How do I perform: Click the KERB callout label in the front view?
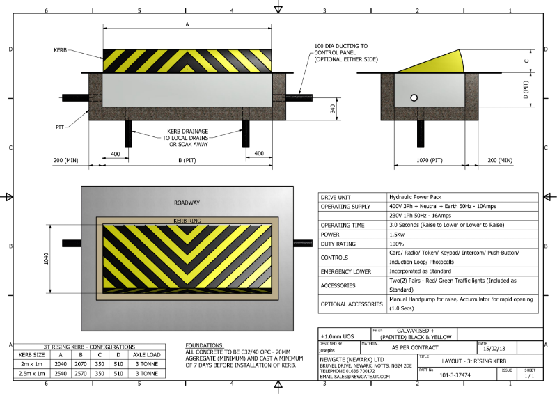pyautogui.click(x=61, y=51)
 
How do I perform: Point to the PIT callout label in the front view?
pyautogui.click(x=61, y=127)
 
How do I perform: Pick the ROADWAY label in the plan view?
pyautogui.click(x=188, y=203)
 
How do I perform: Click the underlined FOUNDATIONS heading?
pyautogui.click(x=205, y=345)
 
